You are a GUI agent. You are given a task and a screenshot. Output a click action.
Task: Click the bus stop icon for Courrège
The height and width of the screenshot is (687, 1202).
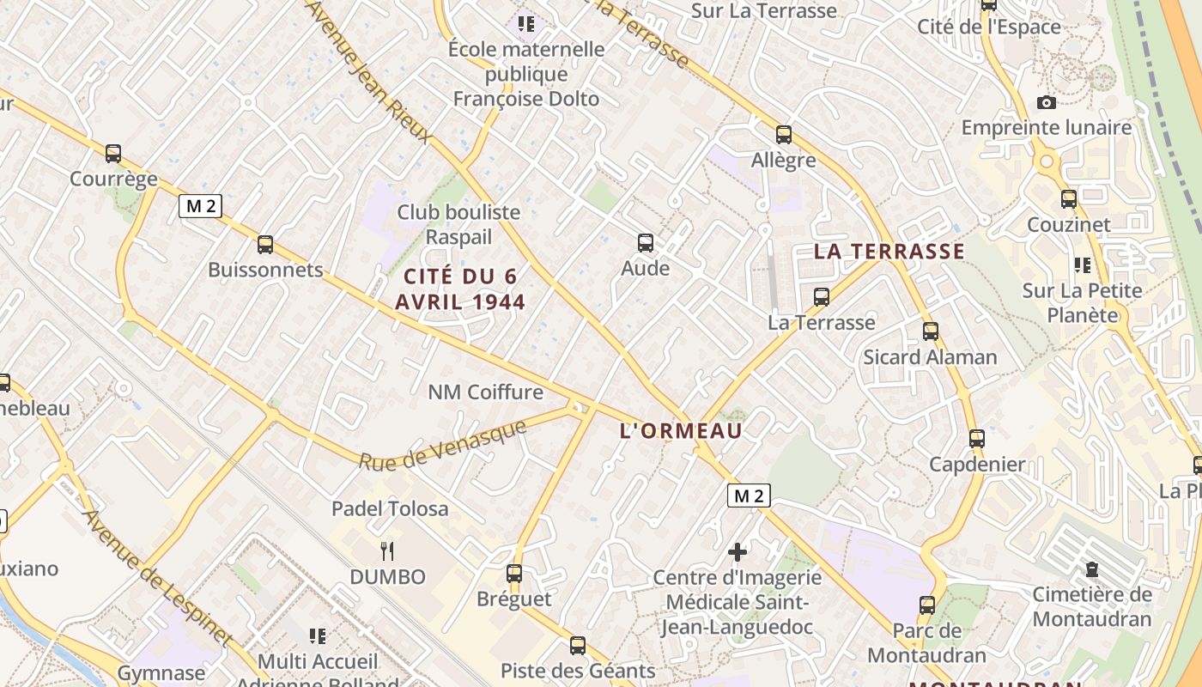click(x=113, y=154)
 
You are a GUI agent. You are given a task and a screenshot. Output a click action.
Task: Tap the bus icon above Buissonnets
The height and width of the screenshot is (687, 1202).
click(x=265, y=245)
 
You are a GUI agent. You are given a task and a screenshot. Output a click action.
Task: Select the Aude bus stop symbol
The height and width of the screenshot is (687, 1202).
click(x=646, y=243)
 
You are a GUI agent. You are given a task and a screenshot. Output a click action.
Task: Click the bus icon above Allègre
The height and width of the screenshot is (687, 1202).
click(x=784, y=135)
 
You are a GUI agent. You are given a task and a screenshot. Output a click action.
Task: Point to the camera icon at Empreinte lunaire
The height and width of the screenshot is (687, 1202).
click(x=1047, y=103)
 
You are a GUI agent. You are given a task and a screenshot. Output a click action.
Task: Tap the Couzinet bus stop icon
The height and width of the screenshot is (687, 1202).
click(x=1069, y=199)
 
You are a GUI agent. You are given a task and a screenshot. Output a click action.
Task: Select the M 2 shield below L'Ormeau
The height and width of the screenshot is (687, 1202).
click(x=749, y=495)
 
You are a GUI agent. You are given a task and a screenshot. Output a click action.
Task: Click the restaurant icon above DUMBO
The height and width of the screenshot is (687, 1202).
click(x=387, y=551)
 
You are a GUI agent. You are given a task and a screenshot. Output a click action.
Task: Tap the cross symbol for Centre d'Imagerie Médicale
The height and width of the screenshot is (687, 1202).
click(x=738, y=552)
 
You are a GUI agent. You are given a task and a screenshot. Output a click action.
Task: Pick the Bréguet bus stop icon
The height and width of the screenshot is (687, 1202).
click(x=514, y=573)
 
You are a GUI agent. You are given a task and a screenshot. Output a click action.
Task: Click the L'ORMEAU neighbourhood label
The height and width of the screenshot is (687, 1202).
click(x=681, y=431)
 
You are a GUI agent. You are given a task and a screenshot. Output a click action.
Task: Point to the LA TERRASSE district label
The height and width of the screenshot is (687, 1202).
click(x=889, y=252)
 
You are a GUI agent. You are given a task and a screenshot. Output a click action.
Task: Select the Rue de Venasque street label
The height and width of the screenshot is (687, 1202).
click(x=442, y=445)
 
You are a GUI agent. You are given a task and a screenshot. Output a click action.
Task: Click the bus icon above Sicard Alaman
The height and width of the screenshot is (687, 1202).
click(x=931, y=331)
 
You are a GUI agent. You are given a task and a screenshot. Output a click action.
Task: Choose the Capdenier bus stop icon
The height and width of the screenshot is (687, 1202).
click(x=977, y=439)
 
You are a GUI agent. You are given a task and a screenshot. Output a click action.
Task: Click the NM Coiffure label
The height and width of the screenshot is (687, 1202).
click(x=486, y=392)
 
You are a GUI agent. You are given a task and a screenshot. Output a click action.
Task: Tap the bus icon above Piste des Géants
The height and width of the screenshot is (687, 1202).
click(x=578, y=645)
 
